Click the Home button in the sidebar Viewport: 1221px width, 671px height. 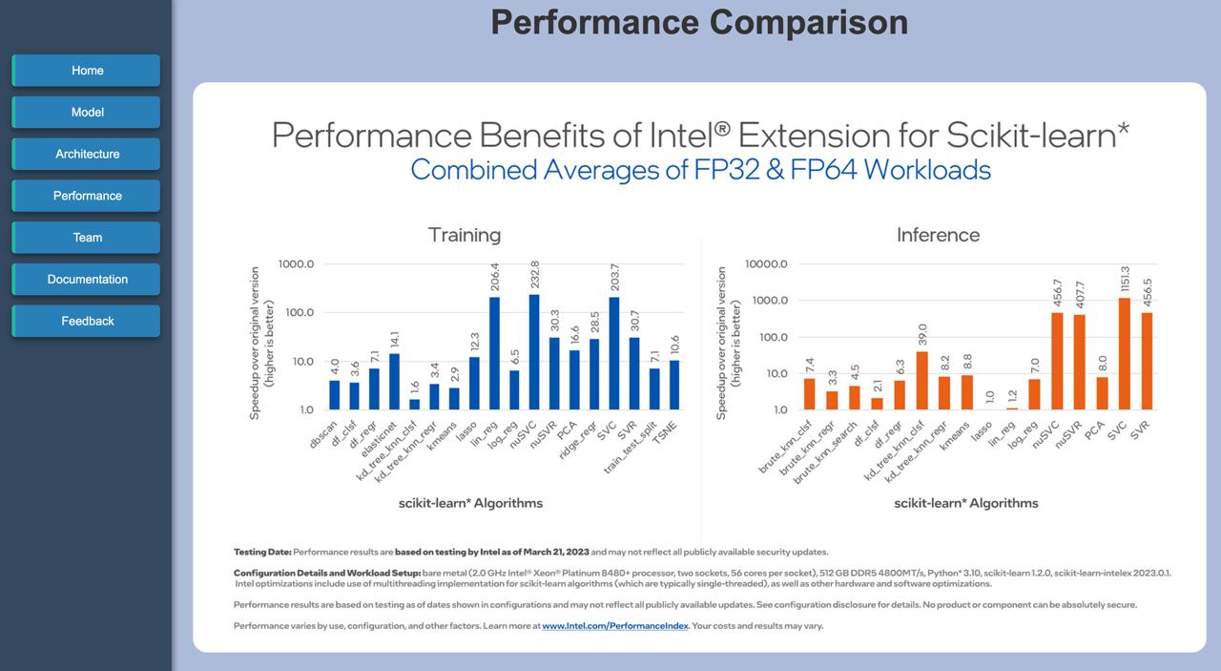[x=87, y=71]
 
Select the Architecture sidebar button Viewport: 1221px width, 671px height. [x=87, y=154]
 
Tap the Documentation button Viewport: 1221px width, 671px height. [x=87, y=280]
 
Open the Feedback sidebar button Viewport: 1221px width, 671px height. [x=87, y=322]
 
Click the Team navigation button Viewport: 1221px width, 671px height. [x=87, y=238]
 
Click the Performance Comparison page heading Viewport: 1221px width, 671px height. [x=698, y=22]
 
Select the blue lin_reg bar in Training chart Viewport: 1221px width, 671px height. [x=494, y=353]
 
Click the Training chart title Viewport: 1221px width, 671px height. [x=464, y=235]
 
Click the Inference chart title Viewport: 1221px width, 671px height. [x=938, y=235]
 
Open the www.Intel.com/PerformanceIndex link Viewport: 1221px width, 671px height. [x=614, y=626]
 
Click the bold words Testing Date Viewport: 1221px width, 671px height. [x=262, y=552]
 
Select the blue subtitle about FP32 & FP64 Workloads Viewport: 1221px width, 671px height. [x=700, y=170]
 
